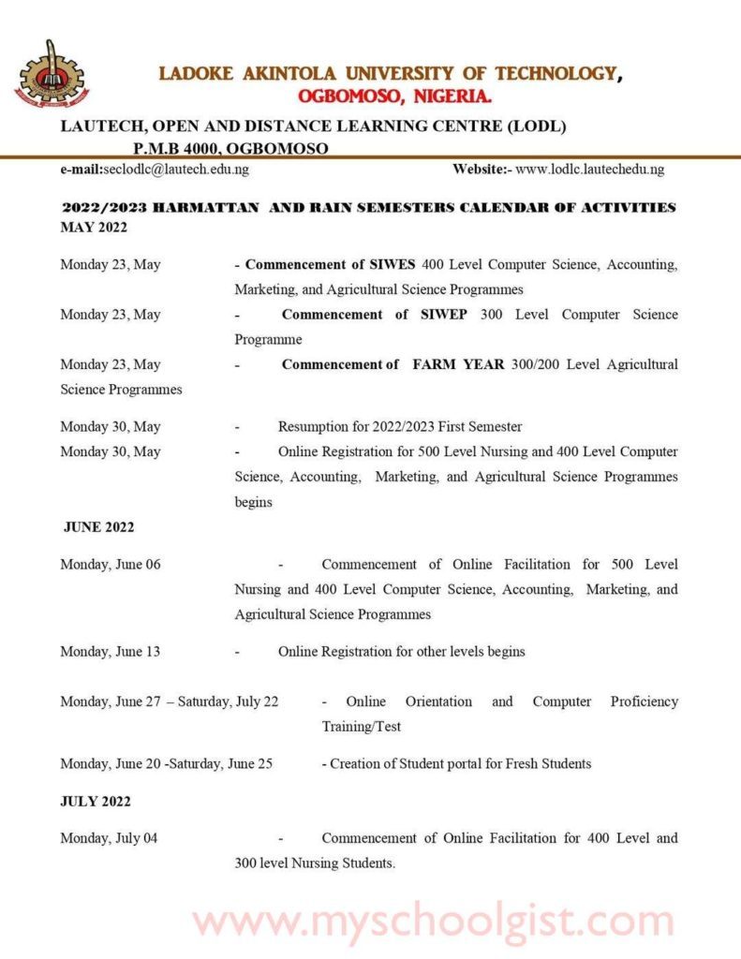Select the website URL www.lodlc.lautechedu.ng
tap(589, 170)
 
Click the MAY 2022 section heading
tap(94, 227)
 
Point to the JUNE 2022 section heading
tap(98, 527)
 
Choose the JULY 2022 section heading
tap(96, 802)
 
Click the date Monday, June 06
tap(111, 565)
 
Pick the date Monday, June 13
tap(111, 652)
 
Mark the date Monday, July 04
tap(109, 838)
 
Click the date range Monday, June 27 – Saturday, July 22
tap(170, 701)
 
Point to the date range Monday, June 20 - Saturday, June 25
tap(167, 763)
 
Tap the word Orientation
tap(438, 701)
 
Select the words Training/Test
tap(362, 727)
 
